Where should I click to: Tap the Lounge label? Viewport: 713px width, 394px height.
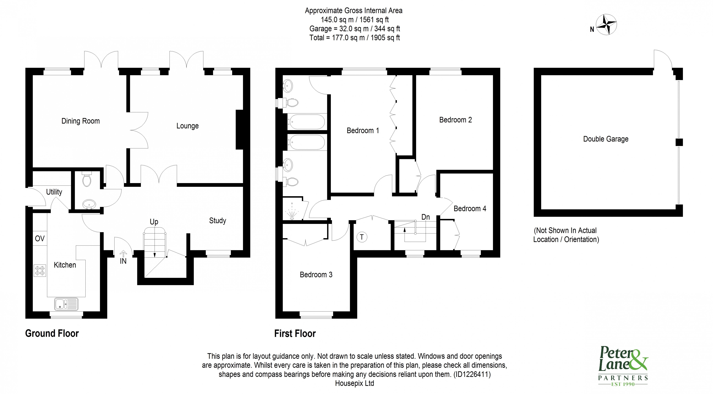pyautogui.click(x=187, y=126)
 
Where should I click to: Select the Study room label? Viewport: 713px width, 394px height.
pyautogui.click(x=218, y=221)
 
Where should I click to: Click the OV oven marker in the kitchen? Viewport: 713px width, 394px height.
pyautogui.click(x=40, y=238)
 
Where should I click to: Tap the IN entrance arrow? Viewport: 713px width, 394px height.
pyautogui.click(x=123, y=253)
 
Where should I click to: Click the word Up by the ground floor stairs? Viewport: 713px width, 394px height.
pyautogui.click(x=154, y=222)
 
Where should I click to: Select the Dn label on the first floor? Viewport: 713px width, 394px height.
pyautogui.click(x=425, y=217)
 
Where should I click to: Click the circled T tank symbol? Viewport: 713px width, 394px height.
pyautogui.click(x=362, y=237)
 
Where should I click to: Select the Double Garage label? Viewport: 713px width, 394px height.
pyautogui.click(x=606, y=139)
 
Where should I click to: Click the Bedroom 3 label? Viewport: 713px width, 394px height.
pyautogui.click(x=316, y=275)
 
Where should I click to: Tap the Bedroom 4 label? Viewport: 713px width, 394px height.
pyautogui.click(x=470, y=208)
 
